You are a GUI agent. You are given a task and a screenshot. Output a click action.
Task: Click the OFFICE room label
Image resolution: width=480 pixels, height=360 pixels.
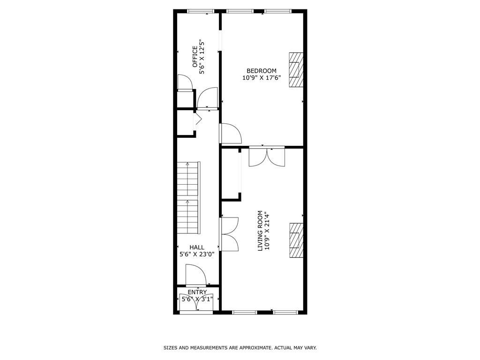pos(195,57)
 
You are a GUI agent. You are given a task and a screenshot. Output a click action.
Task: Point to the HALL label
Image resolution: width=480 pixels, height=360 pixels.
pos(197,247)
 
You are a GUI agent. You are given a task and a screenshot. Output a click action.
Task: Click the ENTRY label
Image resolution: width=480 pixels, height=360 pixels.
pos(197,292)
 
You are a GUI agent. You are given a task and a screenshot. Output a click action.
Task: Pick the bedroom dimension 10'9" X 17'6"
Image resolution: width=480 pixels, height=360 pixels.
pos(262,78)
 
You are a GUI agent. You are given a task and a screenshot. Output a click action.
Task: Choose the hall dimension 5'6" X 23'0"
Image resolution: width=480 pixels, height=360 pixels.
pos(197,255)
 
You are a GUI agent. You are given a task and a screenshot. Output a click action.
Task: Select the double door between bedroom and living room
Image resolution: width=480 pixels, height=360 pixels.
pos(267,157)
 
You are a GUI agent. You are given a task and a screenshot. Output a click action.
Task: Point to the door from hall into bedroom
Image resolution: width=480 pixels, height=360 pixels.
pos(230,134)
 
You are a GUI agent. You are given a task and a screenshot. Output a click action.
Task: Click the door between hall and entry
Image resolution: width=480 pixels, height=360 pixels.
pos(196,276)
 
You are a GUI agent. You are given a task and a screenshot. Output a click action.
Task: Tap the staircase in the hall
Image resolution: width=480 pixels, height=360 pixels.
pos(188,199)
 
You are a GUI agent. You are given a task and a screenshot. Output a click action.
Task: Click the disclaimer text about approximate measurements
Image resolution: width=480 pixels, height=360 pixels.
pos(240,348)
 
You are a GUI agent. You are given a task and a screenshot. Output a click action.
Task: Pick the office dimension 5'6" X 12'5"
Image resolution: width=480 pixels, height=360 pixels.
pos(203,57)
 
